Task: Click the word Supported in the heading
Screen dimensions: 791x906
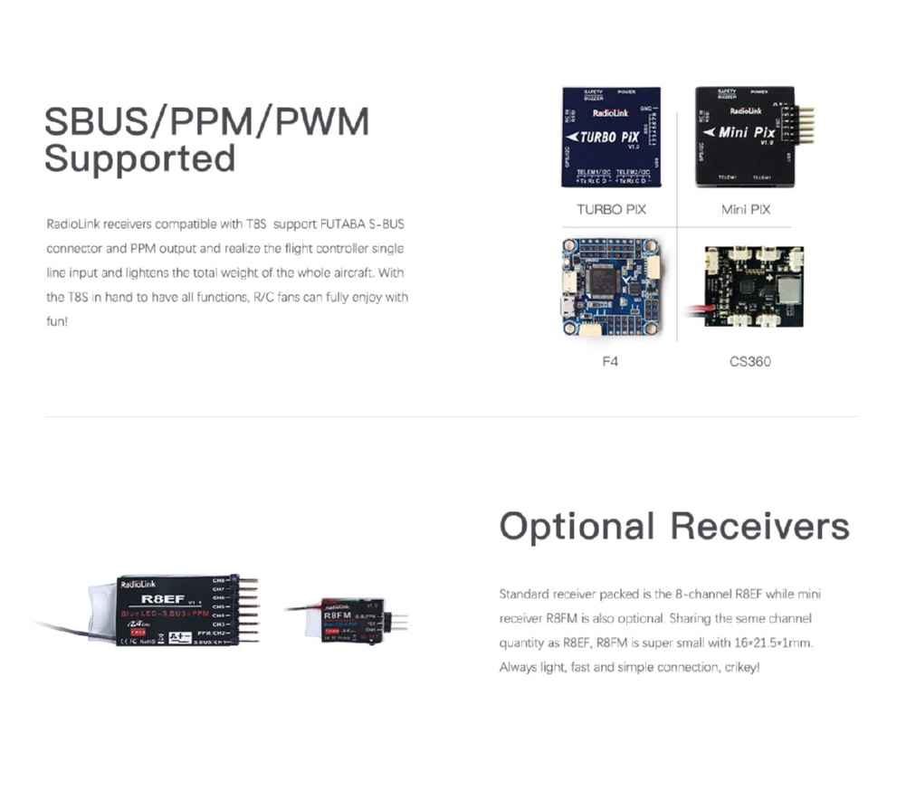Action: click(139, 158)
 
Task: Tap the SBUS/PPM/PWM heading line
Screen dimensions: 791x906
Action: click(206, 121)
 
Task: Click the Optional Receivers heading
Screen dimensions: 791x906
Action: click(673, 526)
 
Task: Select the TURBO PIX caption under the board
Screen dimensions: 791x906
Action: click(611, 209)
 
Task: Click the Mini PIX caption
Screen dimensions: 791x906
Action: click(746, 209)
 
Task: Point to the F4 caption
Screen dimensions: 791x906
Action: click(612, 361)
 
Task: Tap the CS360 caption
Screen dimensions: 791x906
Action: click(750, 361)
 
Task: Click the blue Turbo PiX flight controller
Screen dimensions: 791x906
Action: click(611, 137)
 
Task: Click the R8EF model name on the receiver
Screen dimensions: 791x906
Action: click(163, 598)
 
